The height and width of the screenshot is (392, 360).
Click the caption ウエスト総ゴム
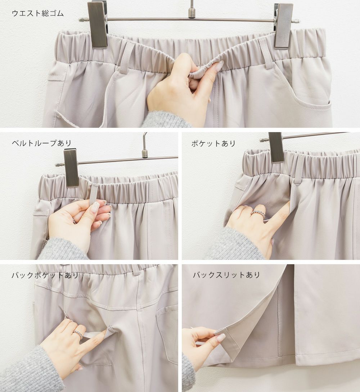[38, 13]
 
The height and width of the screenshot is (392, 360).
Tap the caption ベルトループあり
[42, 143]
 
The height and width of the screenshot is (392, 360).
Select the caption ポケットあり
[213, 143]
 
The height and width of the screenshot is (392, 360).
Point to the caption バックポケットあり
[45, 275]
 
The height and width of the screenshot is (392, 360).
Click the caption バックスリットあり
[226, 275]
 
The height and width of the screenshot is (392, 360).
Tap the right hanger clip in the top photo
[283, 26]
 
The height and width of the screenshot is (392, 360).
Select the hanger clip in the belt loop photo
[71, 168]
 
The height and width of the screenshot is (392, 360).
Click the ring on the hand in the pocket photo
[258, 215]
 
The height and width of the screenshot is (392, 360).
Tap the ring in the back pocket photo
[77, 334]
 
